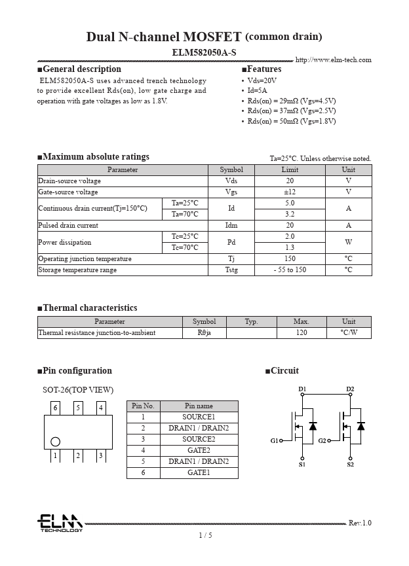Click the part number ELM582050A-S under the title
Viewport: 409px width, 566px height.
click(204, 52)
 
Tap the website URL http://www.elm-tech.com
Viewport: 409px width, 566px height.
click(333, 60)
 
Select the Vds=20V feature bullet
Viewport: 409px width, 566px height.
click(262, 80)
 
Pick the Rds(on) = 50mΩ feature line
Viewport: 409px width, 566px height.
click(291, 121)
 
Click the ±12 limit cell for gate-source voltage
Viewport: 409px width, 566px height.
click(289, 192)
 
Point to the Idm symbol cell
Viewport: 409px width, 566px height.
click(231, 225)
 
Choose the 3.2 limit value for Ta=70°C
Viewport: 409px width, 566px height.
click(289, 214)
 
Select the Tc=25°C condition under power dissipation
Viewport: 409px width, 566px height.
click(185, 236)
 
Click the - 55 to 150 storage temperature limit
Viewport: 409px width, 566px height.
click(289, 270)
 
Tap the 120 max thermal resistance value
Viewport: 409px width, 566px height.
click(301, 332)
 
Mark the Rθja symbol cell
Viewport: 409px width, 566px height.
click(204, 332)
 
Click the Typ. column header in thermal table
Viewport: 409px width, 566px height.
click(251, 321)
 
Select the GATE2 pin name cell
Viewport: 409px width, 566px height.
click(199, 450)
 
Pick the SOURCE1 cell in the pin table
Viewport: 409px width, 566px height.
click(199, 417)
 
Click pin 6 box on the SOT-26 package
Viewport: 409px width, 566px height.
click(56, 408)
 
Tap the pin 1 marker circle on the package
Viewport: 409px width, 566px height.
click(55, 442)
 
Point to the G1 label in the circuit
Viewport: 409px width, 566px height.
click(275, 441)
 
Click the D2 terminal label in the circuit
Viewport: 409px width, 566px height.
click(350, 389)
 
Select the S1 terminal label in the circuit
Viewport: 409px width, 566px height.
click(302, 465)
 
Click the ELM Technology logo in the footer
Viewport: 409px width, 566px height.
click(60, 523)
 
